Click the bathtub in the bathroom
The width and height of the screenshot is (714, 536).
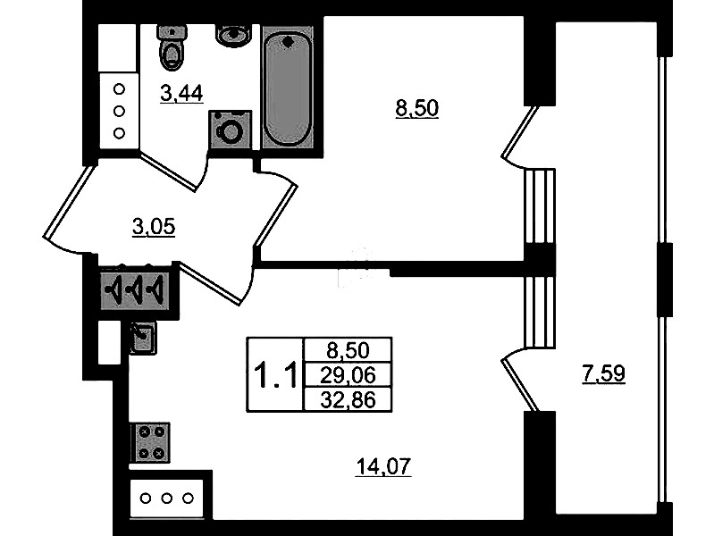pyautogui.click(x=288, y=88)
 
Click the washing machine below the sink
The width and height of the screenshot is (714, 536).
pyautogui.click(x=231, y=130)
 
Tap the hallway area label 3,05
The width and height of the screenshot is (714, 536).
pyautogui.click(x=153, y=227)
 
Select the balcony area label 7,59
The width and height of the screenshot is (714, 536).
pyautogui.click(x=602, y=374)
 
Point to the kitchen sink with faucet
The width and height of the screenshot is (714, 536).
pyautogui.click(x=143, y=338)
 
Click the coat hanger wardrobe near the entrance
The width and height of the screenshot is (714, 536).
pyautogui.click(x=134, y=291)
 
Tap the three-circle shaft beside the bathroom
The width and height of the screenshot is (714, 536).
pyautogui.click(x=118, y=111)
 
